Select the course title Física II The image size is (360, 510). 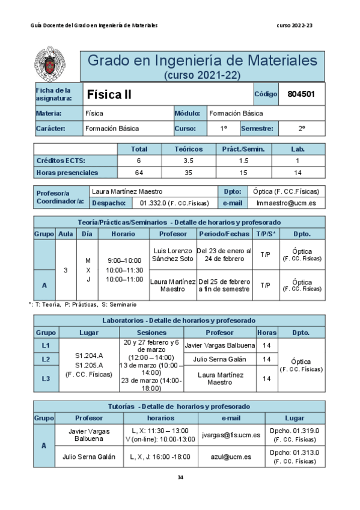(109, 94)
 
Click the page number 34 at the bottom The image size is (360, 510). (180, 478)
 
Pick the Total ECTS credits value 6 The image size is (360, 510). (139, 161)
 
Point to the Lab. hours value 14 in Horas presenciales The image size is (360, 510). (298, 173)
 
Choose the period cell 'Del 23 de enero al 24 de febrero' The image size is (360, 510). (224, 254)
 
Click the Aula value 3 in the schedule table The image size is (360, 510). (66, 270)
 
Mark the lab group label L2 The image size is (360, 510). (46, 359)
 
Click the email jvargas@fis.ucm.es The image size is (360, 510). (231, 434)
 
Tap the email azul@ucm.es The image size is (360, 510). (231, 457)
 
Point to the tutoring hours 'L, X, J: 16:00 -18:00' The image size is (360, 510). (160, 457)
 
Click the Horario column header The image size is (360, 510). (123, 233)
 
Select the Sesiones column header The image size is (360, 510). (151, 332)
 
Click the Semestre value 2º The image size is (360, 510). (302, 128)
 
